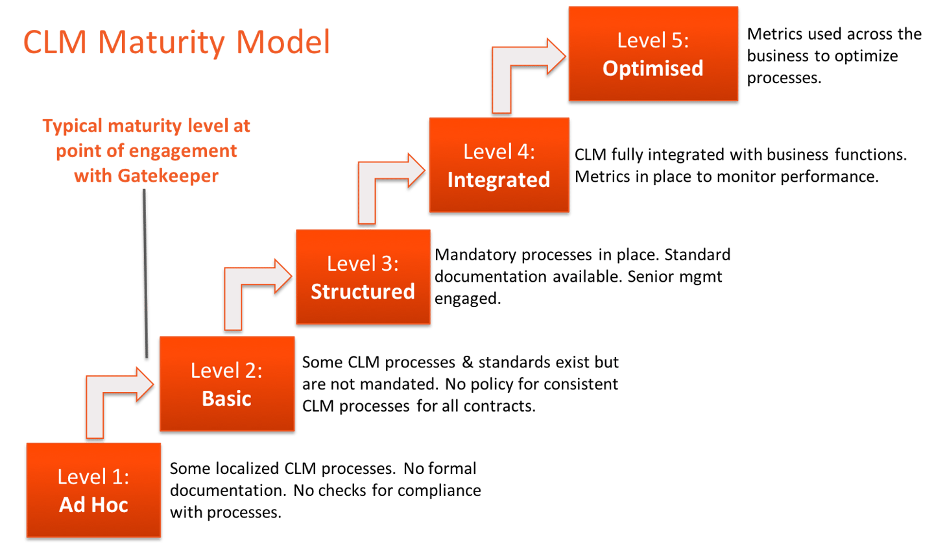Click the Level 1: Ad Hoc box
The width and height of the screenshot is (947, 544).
point(93,491)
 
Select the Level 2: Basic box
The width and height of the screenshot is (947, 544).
point(227,384)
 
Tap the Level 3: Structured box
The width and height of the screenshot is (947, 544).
point(363,277)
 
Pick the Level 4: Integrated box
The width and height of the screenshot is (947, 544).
point(498,166)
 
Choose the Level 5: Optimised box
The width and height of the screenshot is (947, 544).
point(653,55)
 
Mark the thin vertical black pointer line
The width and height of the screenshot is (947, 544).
point(145,273)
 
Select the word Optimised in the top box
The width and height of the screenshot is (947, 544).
point(653,68)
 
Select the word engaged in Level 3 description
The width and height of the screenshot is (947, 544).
point(467,299)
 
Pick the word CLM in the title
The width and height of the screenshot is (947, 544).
point(55,42)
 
